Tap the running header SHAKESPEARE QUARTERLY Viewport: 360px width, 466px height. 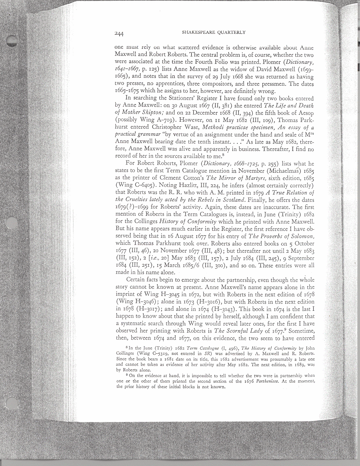pos(213,32)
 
